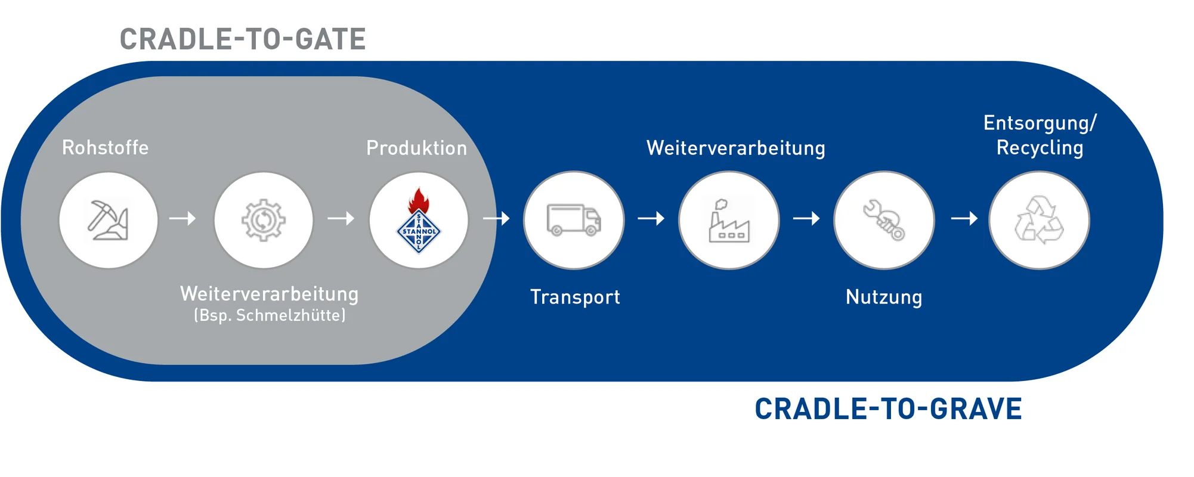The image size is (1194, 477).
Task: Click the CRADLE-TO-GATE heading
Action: [x=243, y=40]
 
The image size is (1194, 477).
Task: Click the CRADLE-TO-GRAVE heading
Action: [x=888, y=410]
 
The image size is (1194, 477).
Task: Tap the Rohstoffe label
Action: [x=106, y=148]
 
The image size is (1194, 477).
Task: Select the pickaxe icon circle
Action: [x=109, y=220]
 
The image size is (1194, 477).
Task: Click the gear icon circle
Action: [x=264, y=220]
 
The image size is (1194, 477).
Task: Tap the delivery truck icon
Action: [x=574, y=220]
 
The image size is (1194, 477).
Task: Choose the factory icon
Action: [x=729, y=220]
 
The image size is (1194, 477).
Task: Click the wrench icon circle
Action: [x=884, y=220]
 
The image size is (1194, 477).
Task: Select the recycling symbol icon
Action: [x=1039, y=220]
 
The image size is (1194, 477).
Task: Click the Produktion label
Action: [x=416, y=148]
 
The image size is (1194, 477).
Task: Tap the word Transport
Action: [x=575, y=297]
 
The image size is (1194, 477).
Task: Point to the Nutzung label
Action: [x=884, y=297]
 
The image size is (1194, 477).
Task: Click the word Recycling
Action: [x=1040, y=148]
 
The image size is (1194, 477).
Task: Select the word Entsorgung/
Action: [x=1040, y=123]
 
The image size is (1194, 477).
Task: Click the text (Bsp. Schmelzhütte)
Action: [x=270, y=315]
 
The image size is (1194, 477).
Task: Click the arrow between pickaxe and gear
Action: [x=182, y=219]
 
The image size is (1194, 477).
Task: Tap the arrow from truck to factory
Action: [x=651, y=219]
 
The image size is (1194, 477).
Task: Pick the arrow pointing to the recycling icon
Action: [x=964, y=219]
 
